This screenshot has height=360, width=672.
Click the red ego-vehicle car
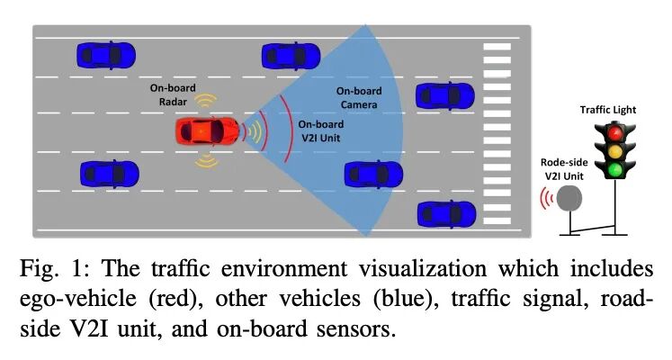coord(207,131)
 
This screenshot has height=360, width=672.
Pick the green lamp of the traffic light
coord(615,169)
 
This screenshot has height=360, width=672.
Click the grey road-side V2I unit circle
coord(569,198)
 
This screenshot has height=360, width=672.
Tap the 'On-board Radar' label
coord(171,95)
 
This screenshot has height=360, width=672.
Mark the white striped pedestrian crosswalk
coord(497,126)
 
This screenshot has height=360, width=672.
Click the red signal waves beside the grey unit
coord(542,198)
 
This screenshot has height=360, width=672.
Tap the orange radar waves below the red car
coord(207,162)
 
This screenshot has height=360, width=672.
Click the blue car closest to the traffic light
coord(447,214)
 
